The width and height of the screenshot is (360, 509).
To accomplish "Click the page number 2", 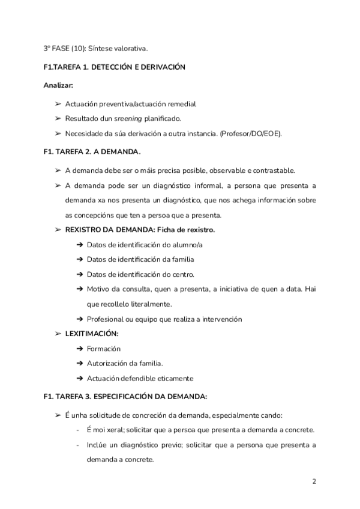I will tap(314, 481).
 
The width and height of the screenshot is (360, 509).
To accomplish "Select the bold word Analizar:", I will tap(58, 85).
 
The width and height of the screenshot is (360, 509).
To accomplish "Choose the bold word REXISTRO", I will tap(84, 230).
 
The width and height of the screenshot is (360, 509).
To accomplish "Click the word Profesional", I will tap(106, 319).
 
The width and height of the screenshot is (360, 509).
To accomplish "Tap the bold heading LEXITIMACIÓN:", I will tap(91, 333).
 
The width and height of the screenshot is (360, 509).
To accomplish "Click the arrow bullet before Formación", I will tap(79, 348).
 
